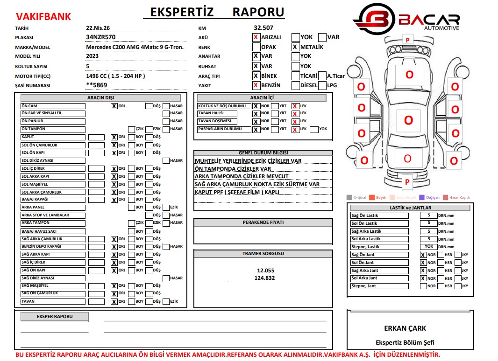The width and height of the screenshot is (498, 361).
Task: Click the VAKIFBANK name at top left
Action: pos(43,17)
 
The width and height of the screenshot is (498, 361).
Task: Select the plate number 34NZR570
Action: pos(101,37)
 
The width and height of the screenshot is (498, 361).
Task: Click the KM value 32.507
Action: pos(264,28)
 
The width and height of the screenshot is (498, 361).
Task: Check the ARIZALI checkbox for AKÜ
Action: pos(256,37)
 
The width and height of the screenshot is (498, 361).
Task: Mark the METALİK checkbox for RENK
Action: pos(295,47)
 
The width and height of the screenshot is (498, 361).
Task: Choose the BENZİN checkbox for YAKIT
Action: pos(256,85)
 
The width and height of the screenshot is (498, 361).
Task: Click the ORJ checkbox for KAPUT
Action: pos(114,137)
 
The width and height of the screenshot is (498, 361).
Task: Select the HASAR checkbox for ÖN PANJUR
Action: pos(166,121)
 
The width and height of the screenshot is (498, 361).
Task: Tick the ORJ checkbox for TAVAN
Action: pos(114,302)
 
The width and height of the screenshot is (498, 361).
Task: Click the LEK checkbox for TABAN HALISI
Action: pos(295,114)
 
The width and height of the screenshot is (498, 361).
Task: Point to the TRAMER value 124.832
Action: pos(264,278)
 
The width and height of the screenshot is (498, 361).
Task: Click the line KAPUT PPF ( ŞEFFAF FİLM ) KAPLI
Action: pos(237,192)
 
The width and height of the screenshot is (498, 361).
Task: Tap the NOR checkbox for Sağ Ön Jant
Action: pos(423,255)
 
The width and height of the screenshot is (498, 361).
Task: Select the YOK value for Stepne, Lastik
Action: pos(428,246)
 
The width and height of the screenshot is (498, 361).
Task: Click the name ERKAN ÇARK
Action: pos(405,328)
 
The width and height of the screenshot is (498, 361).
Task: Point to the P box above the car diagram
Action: pos(407,41)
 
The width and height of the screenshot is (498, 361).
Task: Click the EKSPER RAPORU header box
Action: pos(55,317)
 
